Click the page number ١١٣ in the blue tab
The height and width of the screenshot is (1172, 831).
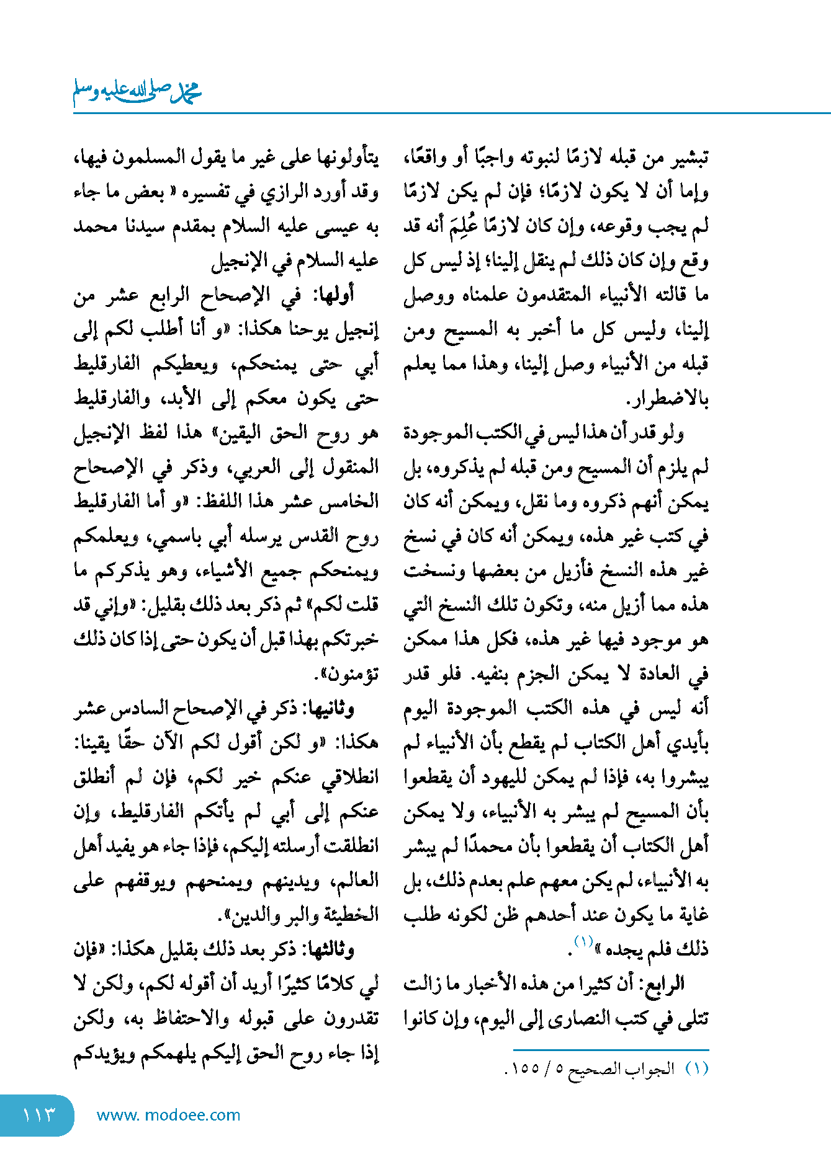[x=38, y=1115]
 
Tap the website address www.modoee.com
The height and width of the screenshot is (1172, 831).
[x=168, y=1115]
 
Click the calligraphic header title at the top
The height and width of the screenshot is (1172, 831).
[x=137, y=93]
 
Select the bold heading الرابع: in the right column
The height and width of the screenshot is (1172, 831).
[x=665, y=983]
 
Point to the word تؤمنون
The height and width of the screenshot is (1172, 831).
[x=353, y=674]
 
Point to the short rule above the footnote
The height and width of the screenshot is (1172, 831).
[x=611, y=1050]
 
